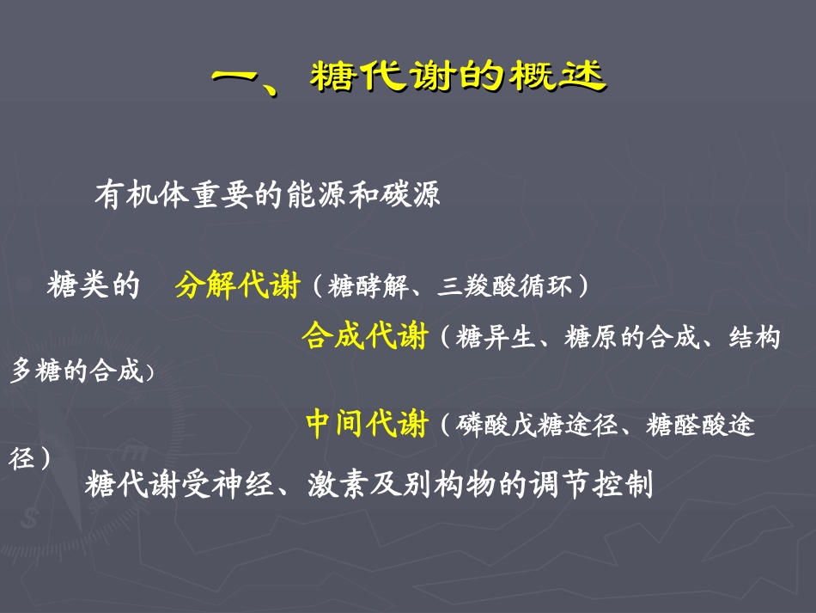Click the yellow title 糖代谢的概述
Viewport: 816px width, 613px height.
[459, 76]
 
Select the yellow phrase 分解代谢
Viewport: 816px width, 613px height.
[237, 285]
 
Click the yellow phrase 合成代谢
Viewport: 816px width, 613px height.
[365, 335]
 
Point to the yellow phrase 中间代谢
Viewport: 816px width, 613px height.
[367, 423]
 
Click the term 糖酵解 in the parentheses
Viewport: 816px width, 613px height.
[368, 286]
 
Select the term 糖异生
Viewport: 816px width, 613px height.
[496, 337]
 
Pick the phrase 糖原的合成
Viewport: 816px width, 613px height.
[631, 337]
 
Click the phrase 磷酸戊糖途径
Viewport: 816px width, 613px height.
[537, 425]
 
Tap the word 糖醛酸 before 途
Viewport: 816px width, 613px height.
[686, 425]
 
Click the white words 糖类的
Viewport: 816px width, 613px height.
[94, 285]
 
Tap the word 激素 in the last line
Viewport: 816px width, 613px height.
[338, 484]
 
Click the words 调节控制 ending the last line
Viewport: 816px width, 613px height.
[591, 484]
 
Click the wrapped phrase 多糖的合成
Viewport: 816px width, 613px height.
[76, 371]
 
